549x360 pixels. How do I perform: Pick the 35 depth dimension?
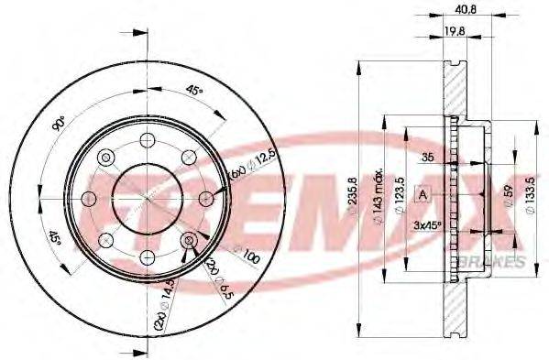[427, 158]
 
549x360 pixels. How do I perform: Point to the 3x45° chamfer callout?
[427, 224]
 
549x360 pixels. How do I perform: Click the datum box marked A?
[423, 193]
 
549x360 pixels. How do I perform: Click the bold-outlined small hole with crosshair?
[189, 240]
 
